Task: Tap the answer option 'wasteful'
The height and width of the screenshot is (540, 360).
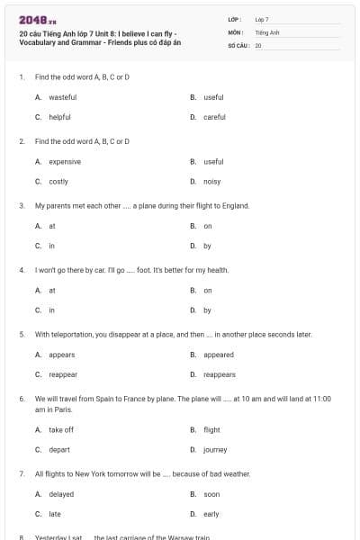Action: (62, 97)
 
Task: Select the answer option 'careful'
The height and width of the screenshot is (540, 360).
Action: (214, 117)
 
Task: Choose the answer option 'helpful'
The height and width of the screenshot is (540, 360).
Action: (59, 117)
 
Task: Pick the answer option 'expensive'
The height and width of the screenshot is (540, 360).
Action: (65, 162)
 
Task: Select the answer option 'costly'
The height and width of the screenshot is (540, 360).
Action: (58, 182)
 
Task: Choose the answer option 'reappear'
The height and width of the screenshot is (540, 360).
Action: (63, 374)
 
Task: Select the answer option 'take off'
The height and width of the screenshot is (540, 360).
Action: (61, 429)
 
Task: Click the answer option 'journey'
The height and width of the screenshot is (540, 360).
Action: (215, 449)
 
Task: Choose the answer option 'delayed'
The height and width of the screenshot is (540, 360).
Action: (61, 494)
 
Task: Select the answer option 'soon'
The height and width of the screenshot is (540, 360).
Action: (211, 494)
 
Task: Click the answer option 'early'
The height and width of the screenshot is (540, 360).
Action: (211, 514)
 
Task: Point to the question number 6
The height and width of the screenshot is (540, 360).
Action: (21, 398)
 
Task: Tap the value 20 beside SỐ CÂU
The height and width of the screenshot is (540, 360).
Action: (258, 44)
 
